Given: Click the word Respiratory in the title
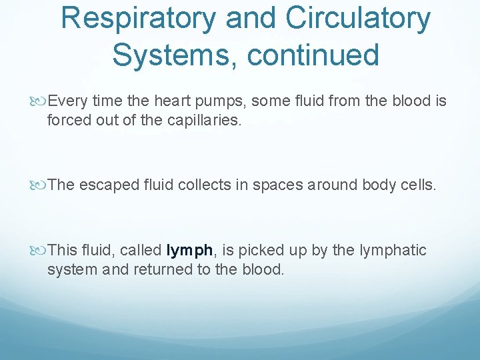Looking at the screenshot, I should [138, 18].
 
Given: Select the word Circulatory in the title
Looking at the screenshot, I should [359, 18].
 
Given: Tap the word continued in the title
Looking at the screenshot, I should [313, 55].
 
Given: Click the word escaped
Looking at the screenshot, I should [110, 185].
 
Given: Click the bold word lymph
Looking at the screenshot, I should [190, 251].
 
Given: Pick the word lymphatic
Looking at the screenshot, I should [393, 251].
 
